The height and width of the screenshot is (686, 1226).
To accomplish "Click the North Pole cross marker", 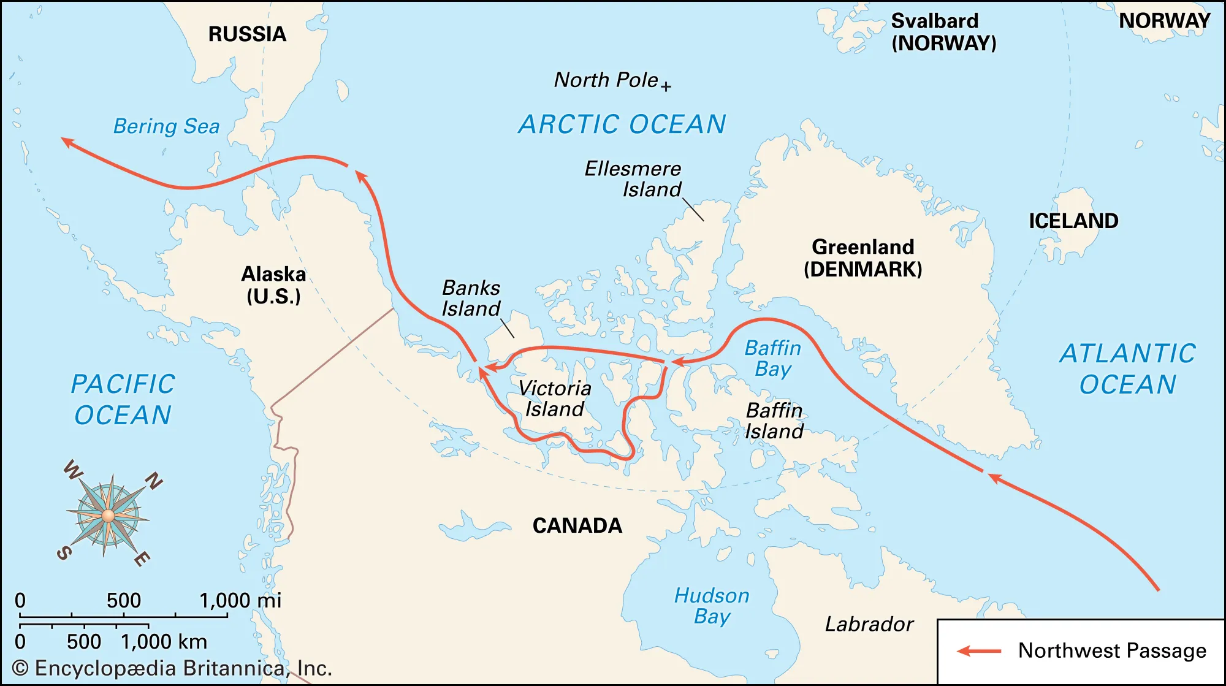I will pyautogui.click(x=666, y=86).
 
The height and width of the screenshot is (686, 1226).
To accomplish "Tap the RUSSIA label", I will pyautogui.click(x=247, y=34).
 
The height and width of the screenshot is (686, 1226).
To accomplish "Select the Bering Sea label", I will pyautogui.click(x=166, y=126).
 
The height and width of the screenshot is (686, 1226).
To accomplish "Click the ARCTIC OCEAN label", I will pyautogui.click(x=622, y=124).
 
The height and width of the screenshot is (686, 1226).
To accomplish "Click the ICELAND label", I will pyautogui.click(x=1073, y=221).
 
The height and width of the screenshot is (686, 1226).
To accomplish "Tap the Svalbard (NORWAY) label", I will pyautogui.click(x=943, y=32).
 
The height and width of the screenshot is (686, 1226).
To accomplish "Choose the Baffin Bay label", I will pyautogui.click(x=772, y=359).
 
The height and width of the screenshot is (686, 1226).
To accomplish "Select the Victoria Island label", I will pyautogui.click(x=554, y=398).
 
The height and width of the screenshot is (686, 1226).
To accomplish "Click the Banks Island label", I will pyautogui.click(x=471, y=298).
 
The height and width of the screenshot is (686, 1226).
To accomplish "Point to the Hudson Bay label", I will pyautogui.click(x=711, y=606).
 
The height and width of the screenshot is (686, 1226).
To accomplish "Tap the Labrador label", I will pyautogui.click(x=869, y=624).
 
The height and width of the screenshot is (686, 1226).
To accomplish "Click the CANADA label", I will pyautogui.click(x=577, y=525).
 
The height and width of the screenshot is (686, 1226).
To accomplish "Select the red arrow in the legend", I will pyautogui.click(x=979, y=651).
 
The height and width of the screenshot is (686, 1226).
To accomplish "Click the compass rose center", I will pyautogui.click(x=109, y=516).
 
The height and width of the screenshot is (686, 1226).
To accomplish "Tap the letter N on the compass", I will pyautogui.click(x=153, y=481).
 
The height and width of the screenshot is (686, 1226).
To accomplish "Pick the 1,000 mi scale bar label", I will pyautogui.click(x=240, y=600).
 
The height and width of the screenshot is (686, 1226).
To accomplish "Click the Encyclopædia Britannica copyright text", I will pyautogui.click(x=172, y=668).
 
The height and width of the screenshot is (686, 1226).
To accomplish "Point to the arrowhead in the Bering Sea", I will pyautogui.click(x=67, y=142).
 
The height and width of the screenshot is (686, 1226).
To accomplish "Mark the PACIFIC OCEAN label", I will pyautogui.click(x=123, y=400).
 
